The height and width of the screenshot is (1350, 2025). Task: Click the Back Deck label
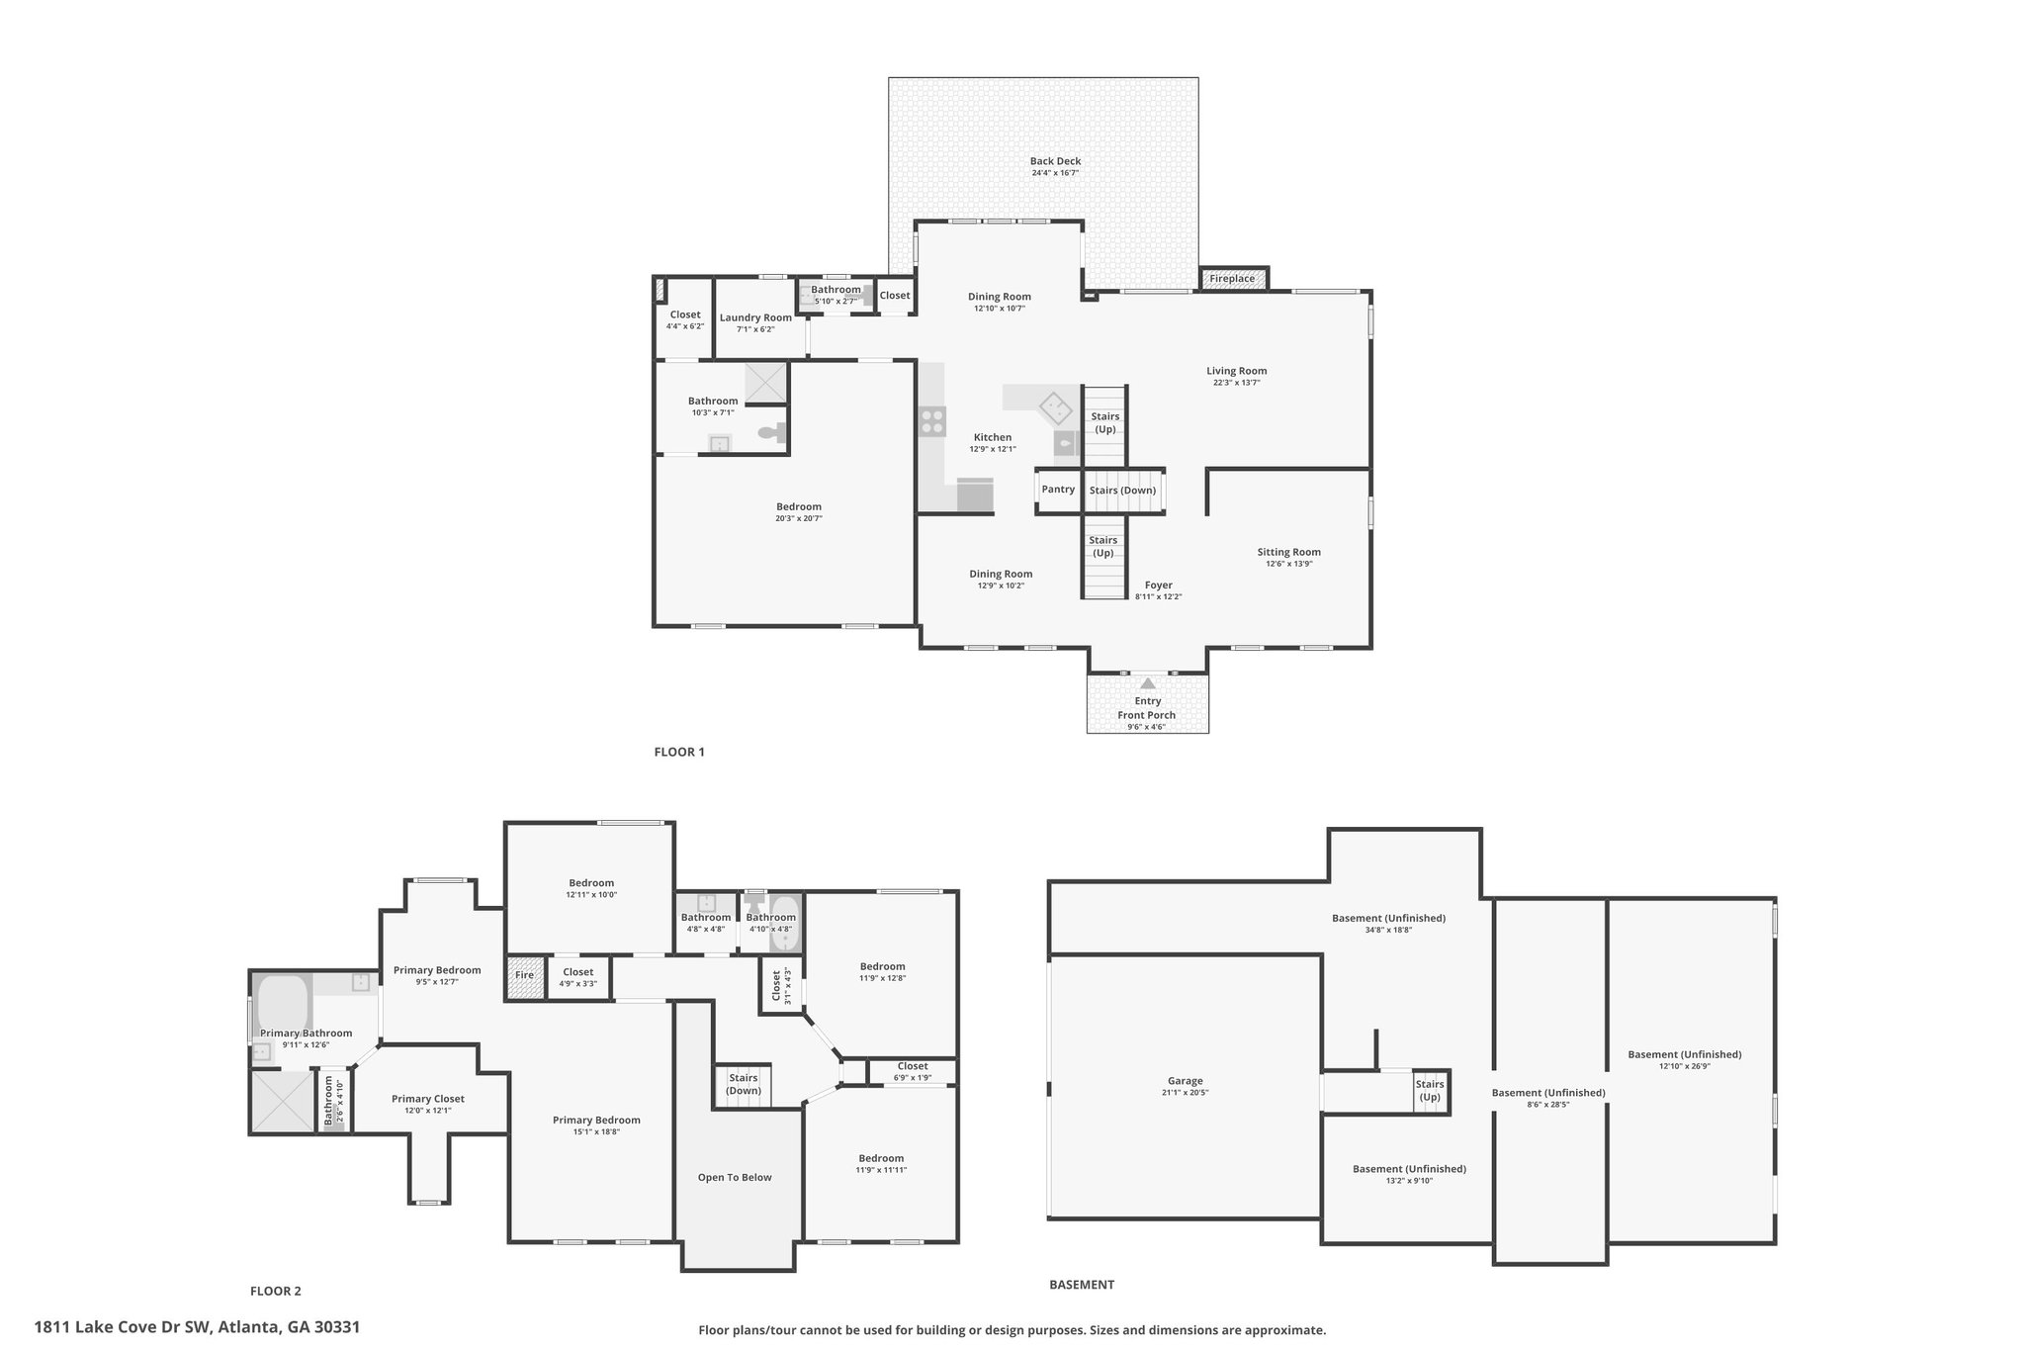coord(1055,161)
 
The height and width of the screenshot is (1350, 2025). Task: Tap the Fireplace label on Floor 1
coord(1232,279)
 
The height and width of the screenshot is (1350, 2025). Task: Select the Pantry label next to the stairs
coord(1058,490)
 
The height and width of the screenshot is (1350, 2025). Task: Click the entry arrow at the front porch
coord(1147,682)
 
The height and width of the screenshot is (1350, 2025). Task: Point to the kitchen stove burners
coord(931,421)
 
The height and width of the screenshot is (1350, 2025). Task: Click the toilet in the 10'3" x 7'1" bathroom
coord(771,432)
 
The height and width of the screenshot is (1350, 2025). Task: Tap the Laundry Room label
coord(755,317)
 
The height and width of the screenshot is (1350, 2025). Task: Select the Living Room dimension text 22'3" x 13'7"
coord(1236,383)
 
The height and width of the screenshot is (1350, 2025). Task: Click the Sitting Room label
coord(1289,552)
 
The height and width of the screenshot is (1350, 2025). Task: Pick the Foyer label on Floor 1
coord(1159,585)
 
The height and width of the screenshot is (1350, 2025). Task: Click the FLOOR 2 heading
coord(276,1291)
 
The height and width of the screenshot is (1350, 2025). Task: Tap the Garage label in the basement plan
coord(1185,1081)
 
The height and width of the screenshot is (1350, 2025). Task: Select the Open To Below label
coord(735,1177)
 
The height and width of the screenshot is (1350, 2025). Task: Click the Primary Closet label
coord(428,1099)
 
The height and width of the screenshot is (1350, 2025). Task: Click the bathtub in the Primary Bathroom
coord(284,1004)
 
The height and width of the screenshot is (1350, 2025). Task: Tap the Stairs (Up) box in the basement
coord(1430,1091)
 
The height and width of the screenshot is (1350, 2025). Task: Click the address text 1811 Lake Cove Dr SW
coord(124,1327)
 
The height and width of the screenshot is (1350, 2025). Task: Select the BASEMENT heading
coord(1082,1285)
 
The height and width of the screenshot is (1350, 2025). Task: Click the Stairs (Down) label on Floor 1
coord(1122,491)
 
